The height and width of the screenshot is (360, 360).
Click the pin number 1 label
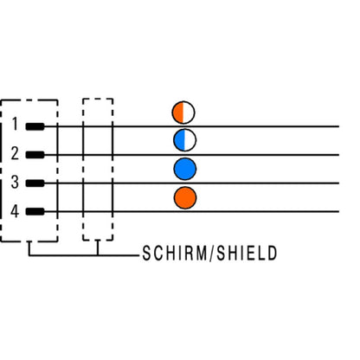pos(15,124)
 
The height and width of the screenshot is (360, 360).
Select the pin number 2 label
pos(15,153)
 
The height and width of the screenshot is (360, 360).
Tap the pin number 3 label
pos(15,182)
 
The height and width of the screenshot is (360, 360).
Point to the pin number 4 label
pos(15,211)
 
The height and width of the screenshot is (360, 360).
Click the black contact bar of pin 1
pos(35,126)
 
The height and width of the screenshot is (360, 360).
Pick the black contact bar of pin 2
pos(35,155)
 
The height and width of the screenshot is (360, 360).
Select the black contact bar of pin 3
pos(35,183)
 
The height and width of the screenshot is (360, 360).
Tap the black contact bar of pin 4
pos(35,212)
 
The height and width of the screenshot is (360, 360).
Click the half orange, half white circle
pos(183,112)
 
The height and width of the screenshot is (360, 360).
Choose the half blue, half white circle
pos(185,140)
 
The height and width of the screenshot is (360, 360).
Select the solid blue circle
pos(185,169)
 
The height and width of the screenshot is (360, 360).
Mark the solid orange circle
pos(185,197)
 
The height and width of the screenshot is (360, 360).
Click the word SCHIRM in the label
pos(175,254)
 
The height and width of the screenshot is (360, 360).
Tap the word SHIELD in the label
pos(247,254)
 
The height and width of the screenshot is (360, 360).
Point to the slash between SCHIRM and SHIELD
pos(212,254)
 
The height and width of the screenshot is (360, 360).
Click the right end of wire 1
pos(338,126)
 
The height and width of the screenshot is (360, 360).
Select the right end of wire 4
pos(338,212)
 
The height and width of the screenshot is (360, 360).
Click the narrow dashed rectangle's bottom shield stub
pos(98,247)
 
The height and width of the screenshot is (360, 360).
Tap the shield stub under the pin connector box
pos(29,248)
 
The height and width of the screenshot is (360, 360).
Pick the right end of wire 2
pos(338,155)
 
